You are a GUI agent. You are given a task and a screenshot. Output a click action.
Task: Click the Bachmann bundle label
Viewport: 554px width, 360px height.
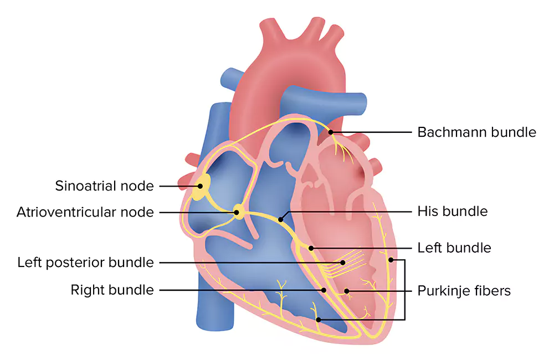(476, 132)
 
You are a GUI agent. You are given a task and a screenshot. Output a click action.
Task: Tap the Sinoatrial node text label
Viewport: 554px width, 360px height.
(104, 186)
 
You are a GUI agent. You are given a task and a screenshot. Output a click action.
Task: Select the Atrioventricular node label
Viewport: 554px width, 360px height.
(85, 212)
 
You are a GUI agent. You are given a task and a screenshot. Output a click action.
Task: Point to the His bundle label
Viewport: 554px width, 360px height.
(452, 211)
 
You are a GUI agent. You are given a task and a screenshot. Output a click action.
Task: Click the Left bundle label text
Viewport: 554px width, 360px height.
(454, 248)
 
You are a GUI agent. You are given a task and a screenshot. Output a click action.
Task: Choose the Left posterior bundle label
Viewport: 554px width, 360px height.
(85, 263)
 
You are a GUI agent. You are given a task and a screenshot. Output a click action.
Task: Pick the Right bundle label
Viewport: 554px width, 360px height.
(112, 290)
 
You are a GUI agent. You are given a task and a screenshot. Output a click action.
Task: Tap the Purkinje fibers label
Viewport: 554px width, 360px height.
(464, 291)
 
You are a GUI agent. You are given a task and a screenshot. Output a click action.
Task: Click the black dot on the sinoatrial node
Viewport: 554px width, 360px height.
(200, 186)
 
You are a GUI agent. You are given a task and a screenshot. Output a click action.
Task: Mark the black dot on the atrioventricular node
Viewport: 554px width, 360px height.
(237, 212)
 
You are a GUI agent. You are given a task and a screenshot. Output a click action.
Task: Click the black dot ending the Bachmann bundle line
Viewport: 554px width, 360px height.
(331, 132)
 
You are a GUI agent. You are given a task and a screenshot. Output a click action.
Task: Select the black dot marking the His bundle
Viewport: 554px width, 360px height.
(280, 220)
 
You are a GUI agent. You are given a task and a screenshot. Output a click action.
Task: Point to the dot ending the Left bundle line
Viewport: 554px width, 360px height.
(311, 248)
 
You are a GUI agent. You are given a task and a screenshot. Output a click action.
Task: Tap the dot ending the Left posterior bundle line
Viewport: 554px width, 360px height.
(343, 263)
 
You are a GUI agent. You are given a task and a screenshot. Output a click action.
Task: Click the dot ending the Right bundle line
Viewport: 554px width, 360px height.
(324, 290)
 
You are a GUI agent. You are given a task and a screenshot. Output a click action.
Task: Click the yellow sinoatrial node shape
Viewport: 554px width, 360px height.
(201, 187)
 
